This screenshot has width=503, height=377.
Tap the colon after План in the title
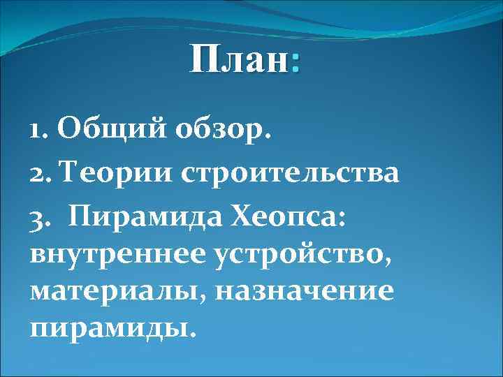(296, 64)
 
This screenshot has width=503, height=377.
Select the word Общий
(103, 128)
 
